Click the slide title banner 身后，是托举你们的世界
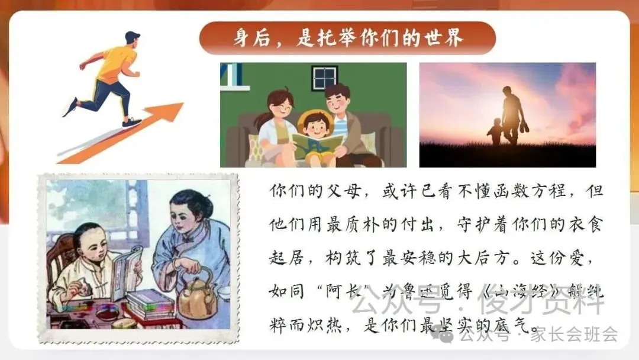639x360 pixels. pyautogui.click(x=347, y=38)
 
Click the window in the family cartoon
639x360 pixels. pyautogui.click(x=324, y=77)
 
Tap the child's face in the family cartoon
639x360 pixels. pyautogui.click(x=313, y=127)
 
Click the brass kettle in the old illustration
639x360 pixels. pyautogui.click(x=198, y=297)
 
